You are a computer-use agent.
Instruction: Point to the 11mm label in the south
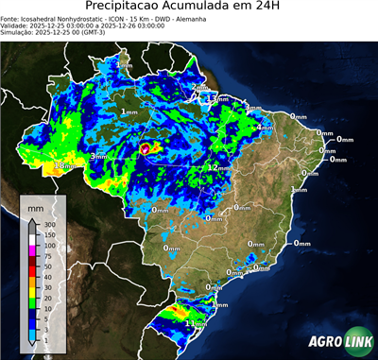pyautogui.click(x=196, y=323)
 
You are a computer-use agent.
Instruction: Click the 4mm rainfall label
pyautogui.click(x=265, y=128)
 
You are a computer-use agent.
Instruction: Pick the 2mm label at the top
pyautogui.click(x=200, y=88)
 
